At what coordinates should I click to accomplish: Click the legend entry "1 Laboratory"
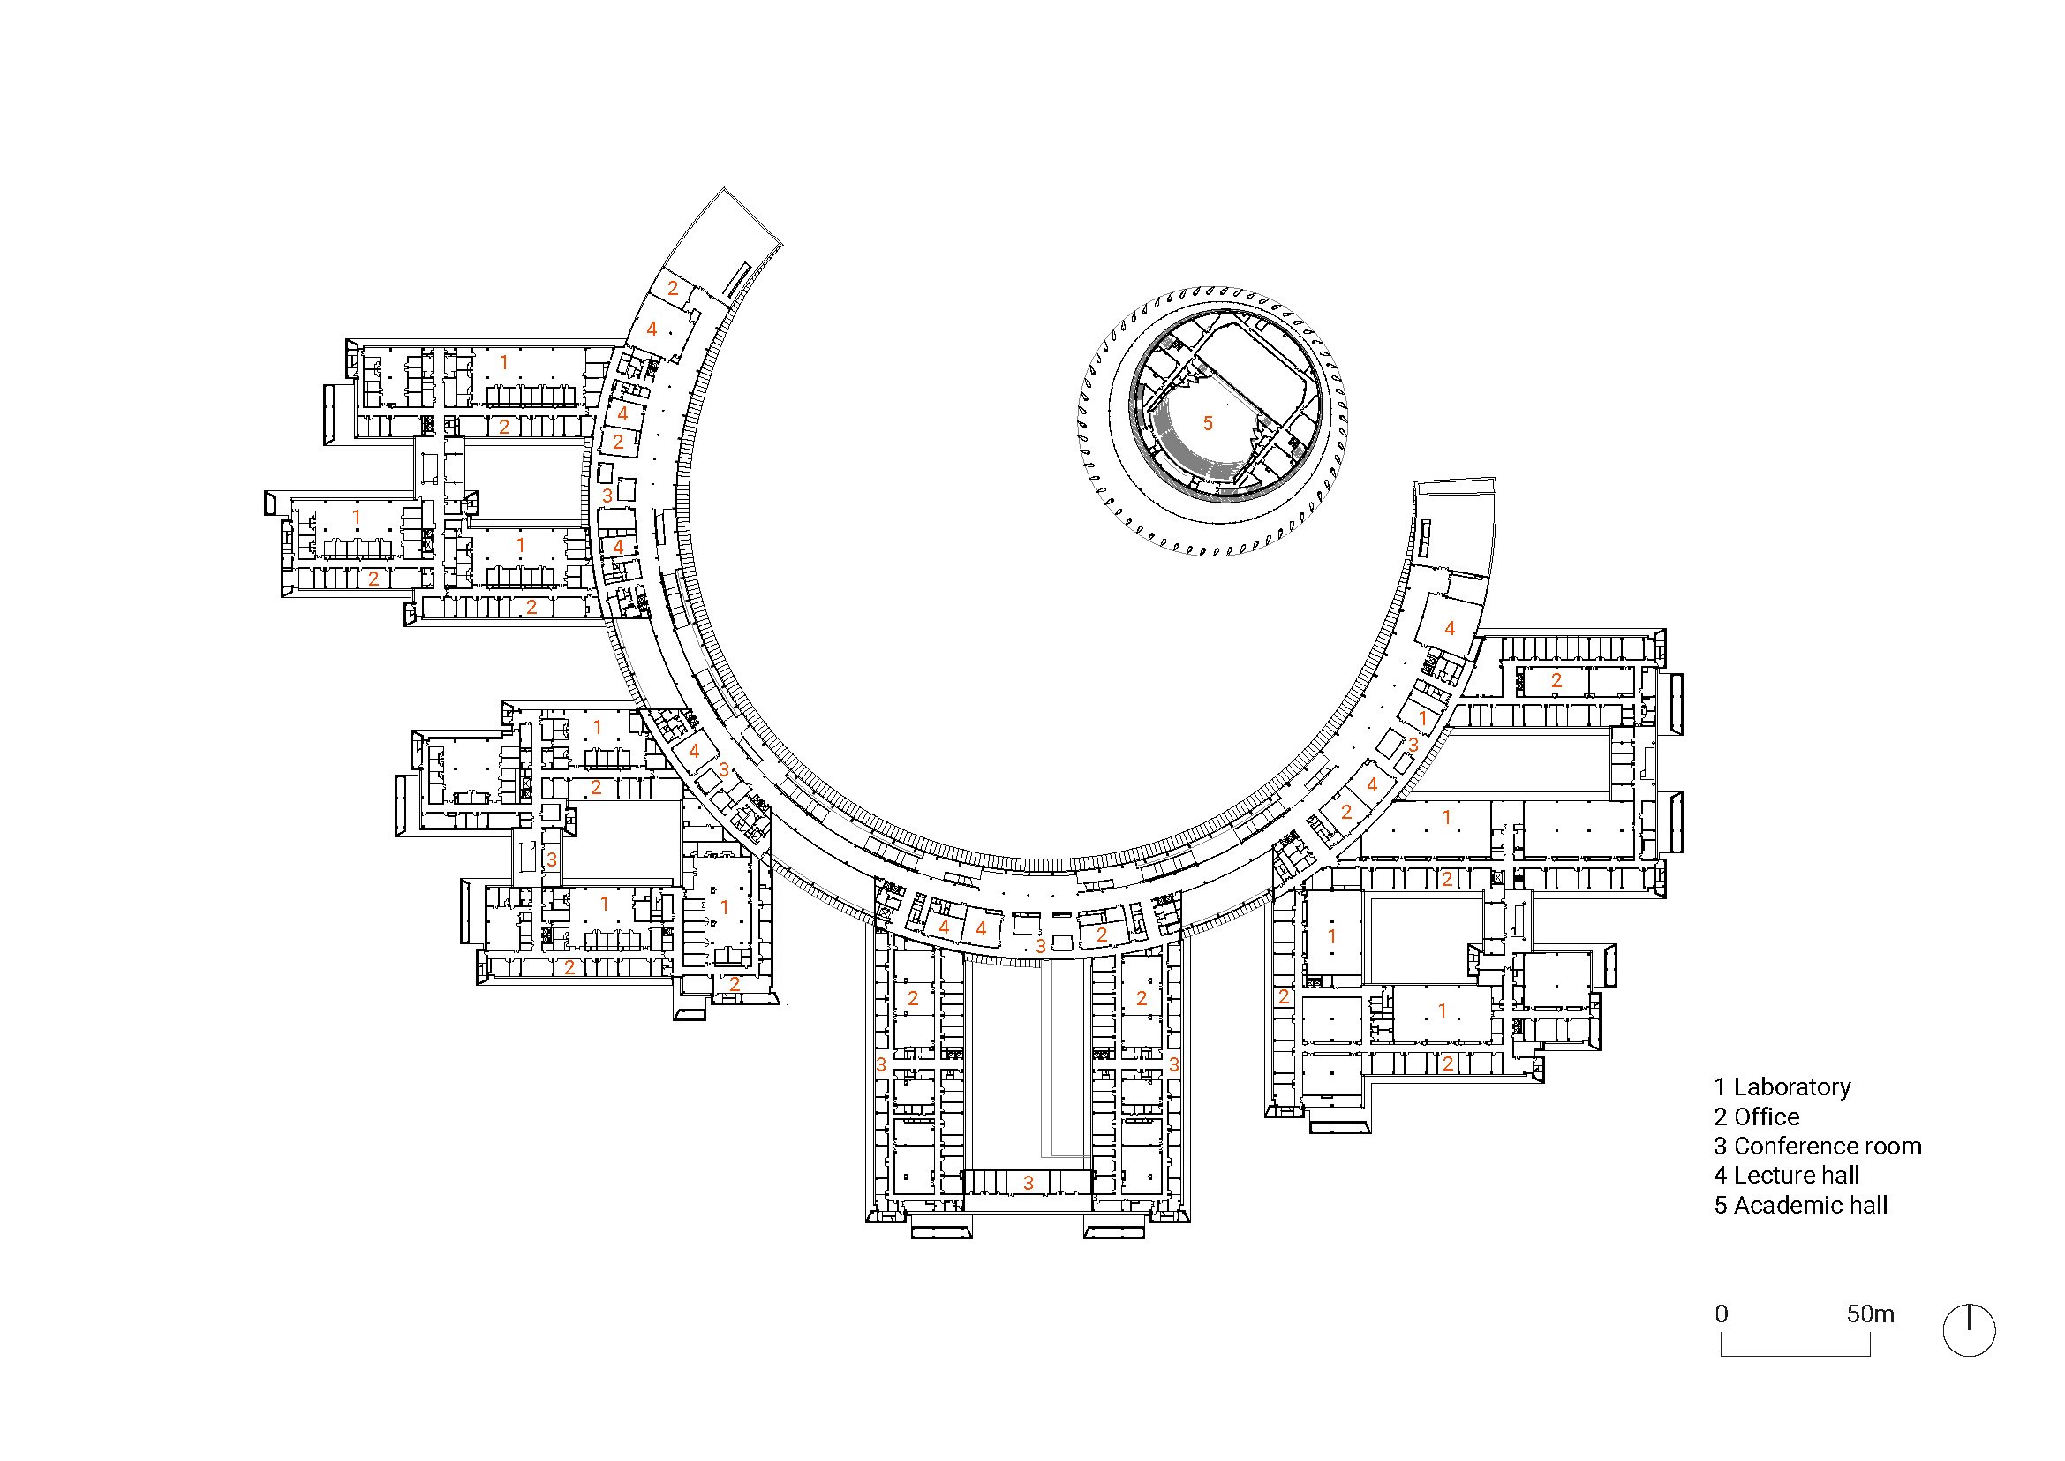coord(1782,1086)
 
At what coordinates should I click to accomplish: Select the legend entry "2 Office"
coord(1757,1117)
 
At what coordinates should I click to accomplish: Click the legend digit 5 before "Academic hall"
coord(1721,1206)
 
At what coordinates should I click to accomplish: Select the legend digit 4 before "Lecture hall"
coord(1721,1176)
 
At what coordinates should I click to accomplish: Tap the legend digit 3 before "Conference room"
coord(1721,1147)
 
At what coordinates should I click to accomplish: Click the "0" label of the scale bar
coord(1722,1314)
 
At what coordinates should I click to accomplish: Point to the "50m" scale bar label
coord(1871,1314)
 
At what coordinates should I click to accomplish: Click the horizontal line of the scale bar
coord(1796,1356)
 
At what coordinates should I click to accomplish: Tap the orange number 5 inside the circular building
coord(1208,423)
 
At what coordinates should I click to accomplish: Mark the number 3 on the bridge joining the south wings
coord(1029,1183)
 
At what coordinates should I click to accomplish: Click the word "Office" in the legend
coord(1767,1117)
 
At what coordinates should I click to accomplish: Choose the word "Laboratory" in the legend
coord(1792,1086)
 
